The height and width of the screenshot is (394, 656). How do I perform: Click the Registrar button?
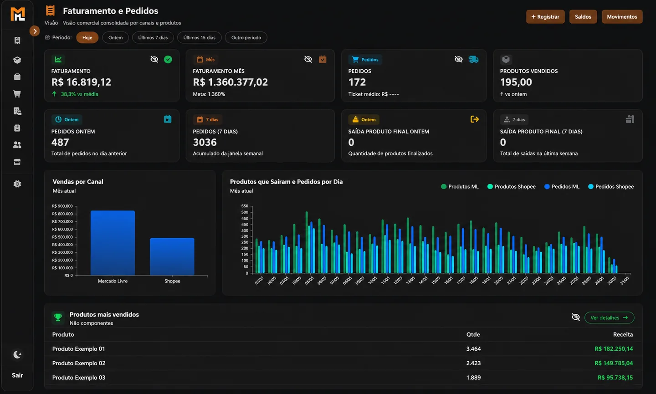(545, 17)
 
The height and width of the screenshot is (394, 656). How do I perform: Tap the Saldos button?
(583, 17)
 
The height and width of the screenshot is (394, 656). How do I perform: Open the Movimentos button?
(622, 17)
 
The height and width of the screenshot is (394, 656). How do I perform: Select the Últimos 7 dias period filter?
(153, 37)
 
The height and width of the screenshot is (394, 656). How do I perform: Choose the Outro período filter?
(246, 37)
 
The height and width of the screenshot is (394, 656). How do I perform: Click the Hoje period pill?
(87, 37)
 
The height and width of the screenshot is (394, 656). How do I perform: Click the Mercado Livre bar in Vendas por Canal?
(113, 243)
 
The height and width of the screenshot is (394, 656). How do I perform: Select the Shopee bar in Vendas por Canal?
(172, 256)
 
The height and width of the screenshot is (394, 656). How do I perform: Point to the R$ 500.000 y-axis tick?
(62, 237)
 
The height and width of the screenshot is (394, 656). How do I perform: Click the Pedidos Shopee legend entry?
(611, 186)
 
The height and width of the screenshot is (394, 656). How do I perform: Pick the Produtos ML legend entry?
(460, 186)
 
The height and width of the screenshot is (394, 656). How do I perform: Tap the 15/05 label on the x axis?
(436, 281)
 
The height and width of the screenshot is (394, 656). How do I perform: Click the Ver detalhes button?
(609, 317)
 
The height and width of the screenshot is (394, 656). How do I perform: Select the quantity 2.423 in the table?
(473, 363)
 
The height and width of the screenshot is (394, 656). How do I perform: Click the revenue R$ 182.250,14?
(614, 348)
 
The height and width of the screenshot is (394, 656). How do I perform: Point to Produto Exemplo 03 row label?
(78, 377)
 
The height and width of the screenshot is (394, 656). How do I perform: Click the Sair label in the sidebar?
(17, 375)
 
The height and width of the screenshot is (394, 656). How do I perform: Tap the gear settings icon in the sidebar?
(17, 184)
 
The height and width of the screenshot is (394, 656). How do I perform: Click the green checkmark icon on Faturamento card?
(168, 59)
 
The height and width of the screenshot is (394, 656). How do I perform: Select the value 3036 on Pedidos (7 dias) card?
(205, 142)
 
